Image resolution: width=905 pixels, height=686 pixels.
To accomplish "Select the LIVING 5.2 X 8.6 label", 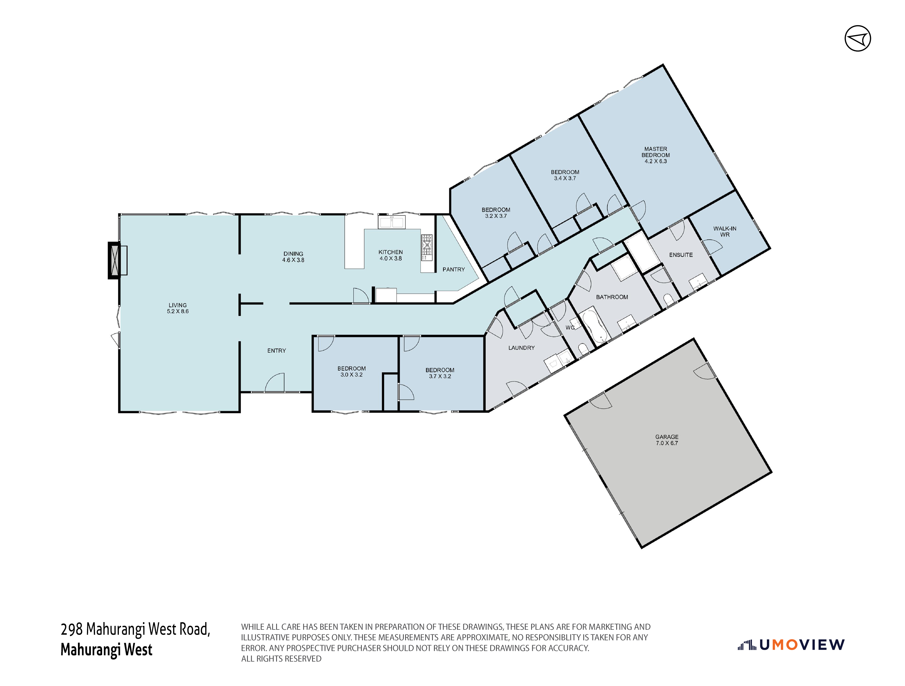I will point(178,308).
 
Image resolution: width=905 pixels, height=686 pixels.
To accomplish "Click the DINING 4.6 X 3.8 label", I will point(293,257).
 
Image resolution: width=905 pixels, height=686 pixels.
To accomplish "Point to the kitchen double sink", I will point(391,222).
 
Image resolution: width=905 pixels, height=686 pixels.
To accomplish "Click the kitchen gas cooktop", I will point(427,247).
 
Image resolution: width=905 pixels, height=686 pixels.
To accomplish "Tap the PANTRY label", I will point(453,269).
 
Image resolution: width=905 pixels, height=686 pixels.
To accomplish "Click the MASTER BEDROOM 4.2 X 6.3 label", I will point(655,155).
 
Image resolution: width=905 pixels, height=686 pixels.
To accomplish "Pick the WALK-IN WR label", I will point(725,232).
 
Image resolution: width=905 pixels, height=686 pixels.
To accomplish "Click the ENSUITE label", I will point(681,255).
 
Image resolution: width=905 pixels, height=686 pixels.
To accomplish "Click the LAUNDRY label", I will point(521,348).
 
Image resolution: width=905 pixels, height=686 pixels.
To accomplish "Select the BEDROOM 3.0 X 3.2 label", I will point(351,372).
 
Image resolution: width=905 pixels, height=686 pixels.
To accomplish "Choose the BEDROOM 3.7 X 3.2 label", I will point(440,373).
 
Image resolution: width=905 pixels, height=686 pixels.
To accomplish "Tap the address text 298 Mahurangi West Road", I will point(135,629).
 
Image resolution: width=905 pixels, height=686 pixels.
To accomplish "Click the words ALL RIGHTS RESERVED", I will point(281,659).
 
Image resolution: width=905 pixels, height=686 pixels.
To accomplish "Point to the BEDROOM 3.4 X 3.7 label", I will point(565,175).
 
